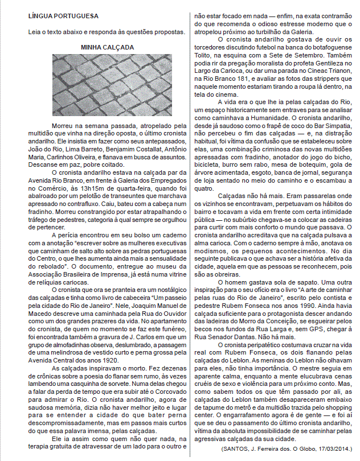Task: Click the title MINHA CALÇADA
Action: (x=107, y=47)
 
